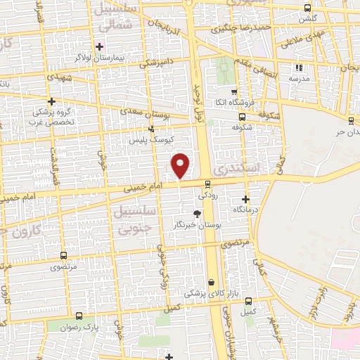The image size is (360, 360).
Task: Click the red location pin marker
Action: [x=181, y=165]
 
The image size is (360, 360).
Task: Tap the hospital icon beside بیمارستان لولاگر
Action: [x=101, y=46]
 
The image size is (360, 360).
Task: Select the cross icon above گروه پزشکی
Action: [x=51, y=101]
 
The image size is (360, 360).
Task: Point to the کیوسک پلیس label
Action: [x=146, y=140]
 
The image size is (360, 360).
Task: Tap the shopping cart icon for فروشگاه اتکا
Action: [x=234, y=91]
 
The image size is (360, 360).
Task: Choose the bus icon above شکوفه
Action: [x=243, y=117]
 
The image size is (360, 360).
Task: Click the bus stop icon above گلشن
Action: [x=307, y=8]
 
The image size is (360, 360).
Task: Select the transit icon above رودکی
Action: [x=206, y=185]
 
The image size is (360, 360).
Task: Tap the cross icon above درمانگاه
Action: [x=245, y=199]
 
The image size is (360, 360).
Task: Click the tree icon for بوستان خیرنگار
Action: [x=198, y=214]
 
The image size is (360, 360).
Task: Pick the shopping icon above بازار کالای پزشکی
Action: [x=211, y=283]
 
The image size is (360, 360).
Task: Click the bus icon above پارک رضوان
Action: [x=79, y=317]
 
